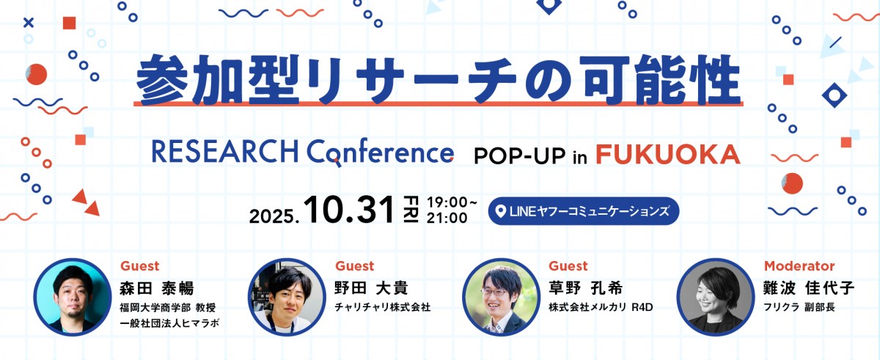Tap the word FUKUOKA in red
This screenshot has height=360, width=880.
(668, 154)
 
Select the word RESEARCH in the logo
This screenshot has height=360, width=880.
(224, 151)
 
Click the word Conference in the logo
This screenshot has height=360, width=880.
(381, 153)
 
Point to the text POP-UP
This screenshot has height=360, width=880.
(519, 155)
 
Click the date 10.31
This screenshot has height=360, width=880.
(349, 210)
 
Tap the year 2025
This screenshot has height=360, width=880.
(274, 216)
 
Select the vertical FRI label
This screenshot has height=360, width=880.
(411, 209)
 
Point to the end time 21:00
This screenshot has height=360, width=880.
(447, 218)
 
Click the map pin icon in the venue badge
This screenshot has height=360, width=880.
(500, 212)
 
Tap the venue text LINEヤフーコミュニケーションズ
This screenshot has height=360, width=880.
(589, 211)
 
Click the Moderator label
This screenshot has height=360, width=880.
(799, 266)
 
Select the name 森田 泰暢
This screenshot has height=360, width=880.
(157, 288)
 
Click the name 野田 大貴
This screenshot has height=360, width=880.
(371, 287)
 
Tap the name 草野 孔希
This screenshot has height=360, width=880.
(585, 287)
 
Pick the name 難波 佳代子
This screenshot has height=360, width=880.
(808, 287)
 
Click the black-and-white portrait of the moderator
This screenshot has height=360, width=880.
(716, 297)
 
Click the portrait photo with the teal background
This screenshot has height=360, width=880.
(73, 297)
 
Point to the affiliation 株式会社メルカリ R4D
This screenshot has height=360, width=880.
(601, 307)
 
